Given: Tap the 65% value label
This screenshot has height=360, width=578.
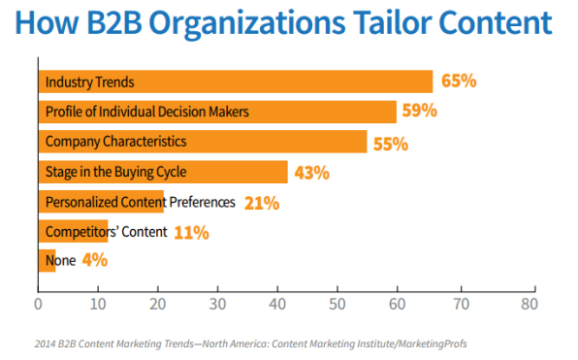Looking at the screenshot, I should (457, 82).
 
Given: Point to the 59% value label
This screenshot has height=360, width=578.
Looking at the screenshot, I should (418, 112).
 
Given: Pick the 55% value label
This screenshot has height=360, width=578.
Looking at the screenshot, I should (389, 143).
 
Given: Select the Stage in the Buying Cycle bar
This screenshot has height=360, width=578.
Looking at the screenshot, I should (162, 173).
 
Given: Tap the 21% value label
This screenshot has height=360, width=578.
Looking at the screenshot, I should (262, 203).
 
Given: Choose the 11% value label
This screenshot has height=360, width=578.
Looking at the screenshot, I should (190, 232).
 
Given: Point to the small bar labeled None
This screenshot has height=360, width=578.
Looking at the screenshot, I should (47, 260).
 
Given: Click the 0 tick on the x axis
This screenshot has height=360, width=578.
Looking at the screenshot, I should (38, 302).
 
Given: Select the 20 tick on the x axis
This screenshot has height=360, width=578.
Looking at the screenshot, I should (158, 302).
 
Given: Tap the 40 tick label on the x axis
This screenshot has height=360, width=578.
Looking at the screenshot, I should (278, 302).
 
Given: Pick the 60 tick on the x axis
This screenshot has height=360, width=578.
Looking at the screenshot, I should (399, 302).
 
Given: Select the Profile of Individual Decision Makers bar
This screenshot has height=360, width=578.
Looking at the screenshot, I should (216, 112).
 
